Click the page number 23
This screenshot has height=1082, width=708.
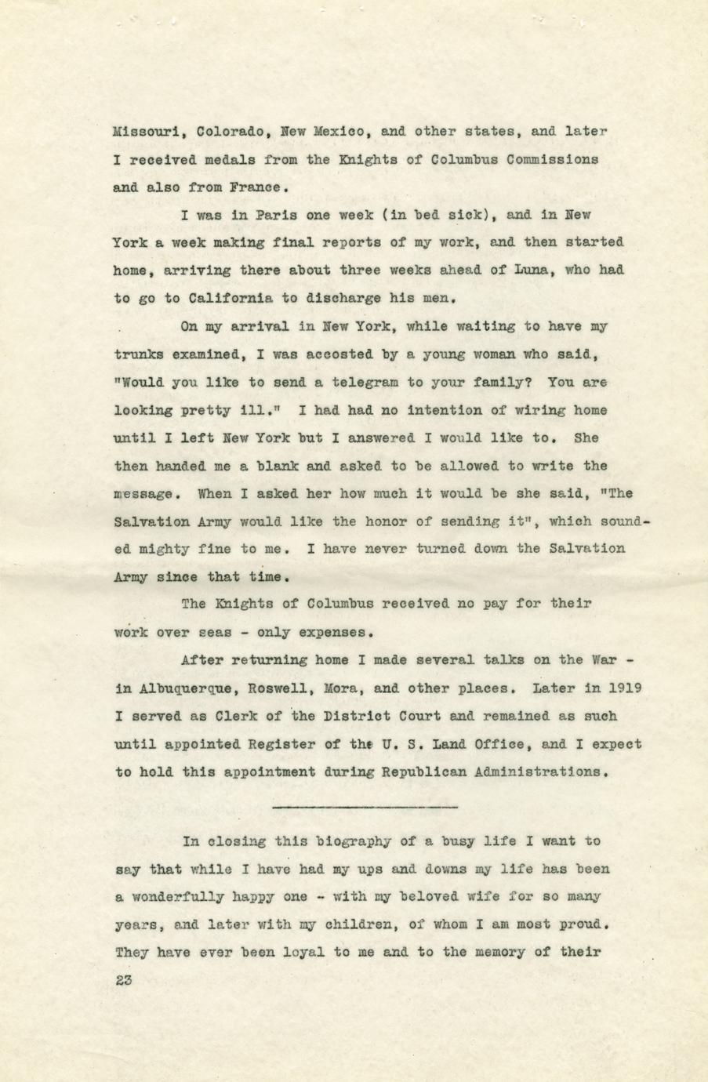tap(124, 980)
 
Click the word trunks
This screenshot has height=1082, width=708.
tap(140, 354)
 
